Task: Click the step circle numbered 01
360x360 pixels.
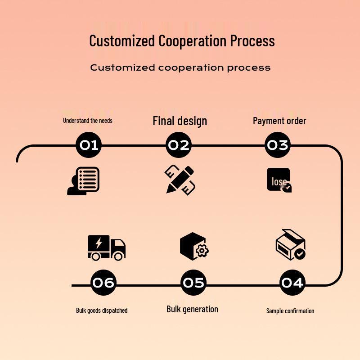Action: click(x=89, y=145)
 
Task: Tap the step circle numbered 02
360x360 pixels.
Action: click(x=179, y=145)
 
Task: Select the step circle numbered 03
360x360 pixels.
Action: click(x=277, y=145)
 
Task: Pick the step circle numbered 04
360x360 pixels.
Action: click(x=292, y=283)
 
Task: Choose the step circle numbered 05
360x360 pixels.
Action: click(x=193, y=283)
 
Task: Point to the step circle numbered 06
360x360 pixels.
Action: click(x=103, y=283)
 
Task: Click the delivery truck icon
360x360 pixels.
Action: click(x=106, y=247)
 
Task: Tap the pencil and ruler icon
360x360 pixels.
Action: click(x=180, y=180)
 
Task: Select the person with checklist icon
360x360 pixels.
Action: click(x=83, y=181)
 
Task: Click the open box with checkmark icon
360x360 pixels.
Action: click(x=291, y=245)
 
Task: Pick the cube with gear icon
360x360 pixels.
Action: click(x=193, y=246)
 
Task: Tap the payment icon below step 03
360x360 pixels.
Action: click(x=279, y=180)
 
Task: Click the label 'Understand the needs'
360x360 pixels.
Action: click(x=88, y=121)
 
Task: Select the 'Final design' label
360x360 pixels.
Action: click(x=180, y=121)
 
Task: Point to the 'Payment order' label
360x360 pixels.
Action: click(x=279, y=121)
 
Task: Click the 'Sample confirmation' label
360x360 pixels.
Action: click(x=290, y=310)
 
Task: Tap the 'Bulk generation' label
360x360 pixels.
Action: click(x=192, y=309)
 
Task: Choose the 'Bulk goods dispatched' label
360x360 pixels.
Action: click(x=102, y=310)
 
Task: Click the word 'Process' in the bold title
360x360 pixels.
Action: click(x=252, y=40)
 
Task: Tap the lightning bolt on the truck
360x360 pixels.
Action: click(x=99, y=243)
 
